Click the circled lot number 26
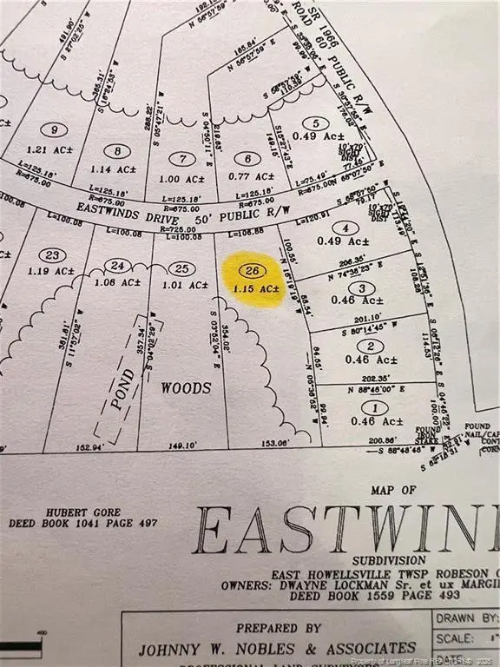[x=253, y=270]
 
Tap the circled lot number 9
[x=57, y=130]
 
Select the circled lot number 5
[x=315, y=123]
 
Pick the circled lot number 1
[x=374, y=407]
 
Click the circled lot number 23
[x=53, y=254]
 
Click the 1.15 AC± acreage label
[x=255, y=287]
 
